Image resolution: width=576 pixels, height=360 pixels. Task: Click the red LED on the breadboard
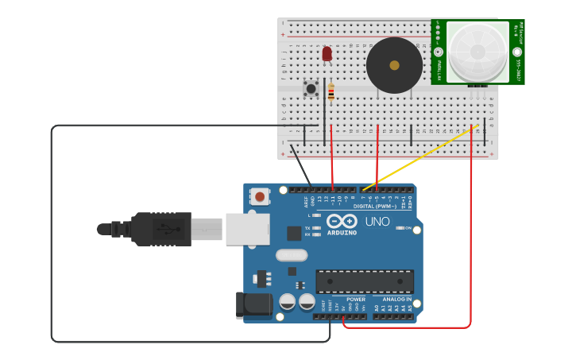tap(327, 53)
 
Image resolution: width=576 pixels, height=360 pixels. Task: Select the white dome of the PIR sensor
tap(477, 52)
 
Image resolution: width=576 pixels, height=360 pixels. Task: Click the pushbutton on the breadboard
tap(311, 88)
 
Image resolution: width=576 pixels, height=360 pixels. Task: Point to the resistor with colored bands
tap(331, 92)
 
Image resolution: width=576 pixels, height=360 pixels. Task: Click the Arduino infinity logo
tap(342, 222)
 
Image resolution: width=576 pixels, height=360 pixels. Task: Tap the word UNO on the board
tap(377, 222)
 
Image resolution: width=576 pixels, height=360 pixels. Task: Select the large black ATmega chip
tap(365, 281)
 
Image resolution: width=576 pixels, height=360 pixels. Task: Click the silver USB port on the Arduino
tap(248, 229)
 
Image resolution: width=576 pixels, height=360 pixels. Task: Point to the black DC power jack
tap(253, 306)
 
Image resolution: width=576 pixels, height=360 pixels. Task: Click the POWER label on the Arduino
tap(355, 300)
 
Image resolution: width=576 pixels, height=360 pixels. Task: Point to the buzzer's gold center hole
tap(394, 65)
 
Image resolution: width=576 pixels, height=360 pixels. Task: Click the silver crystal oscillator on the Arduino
tap(292, 255)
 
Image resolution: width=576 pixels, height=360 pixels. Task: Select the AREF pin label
tap(307, 202)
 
